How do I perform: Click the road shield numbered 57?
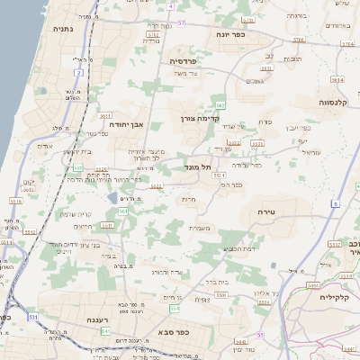click(182, 22)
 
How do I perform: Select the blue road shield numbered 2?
click(79, 72)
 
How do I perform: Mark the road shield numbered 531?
click(33, 317)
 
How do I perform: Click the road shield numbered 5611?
click(104, 115)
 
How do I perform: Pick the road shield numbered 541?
click(105, 331)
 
